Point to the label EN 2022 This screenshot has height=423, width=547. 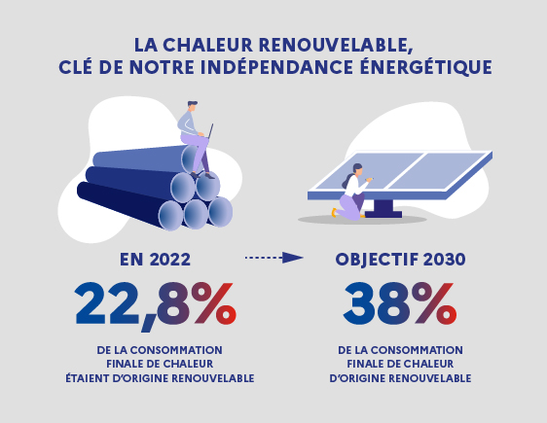tap(154, 260)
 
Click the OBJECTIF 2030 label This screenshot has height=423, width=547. tap(399, 260)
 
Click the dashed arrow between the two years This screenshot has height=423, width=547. tap(273, 258)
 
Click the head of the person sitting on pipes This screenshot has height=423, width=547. tap(192, 107)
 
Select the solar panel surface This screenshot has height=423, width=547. tap(419, 173)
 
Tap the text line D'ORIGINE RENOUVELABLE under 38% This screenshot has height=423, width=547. tap(399, 377)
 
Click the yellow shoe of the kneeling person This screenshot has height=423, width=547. tap(335, 211)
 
